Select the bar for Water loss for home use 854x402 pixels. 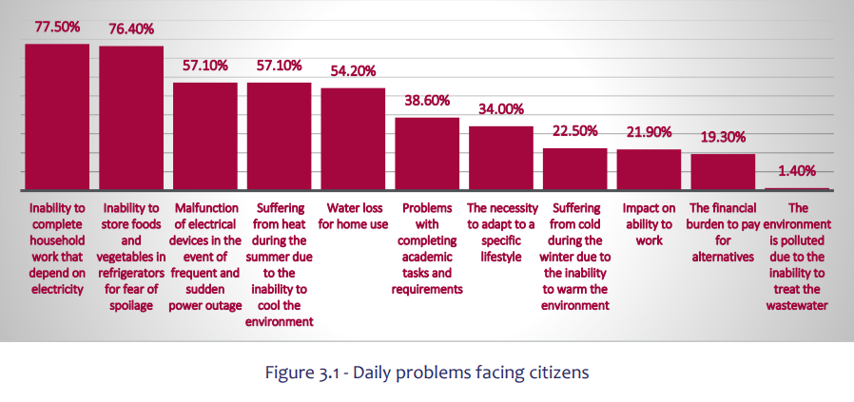tap(353, 139)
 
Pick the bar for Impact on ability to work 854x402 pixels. tap(649, 169)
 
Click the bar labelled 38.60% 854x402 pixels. tap(427, 153)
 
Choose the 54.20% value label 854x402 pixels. tap(353, 70)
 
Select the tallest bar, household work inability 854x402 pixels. tap(56, 116)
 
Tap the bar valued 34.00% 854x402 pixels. tap(501, 158)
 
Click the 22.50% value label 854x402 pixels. tap(574, 132)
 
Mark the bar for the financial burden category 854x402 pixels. tap(723, 172)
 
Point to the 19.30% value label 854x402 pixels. tap(723, 137)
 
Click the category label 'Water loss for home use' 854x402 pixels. tap(353, 215)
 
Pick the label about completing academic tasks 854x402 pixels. tap(427, 248)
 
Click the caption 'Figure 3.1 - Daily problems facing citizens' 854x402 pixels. tap(427, 372)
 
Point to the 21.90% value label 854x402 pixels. tap(649, 132)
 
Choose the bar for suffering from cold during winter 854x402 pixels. tap(574, 168)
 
